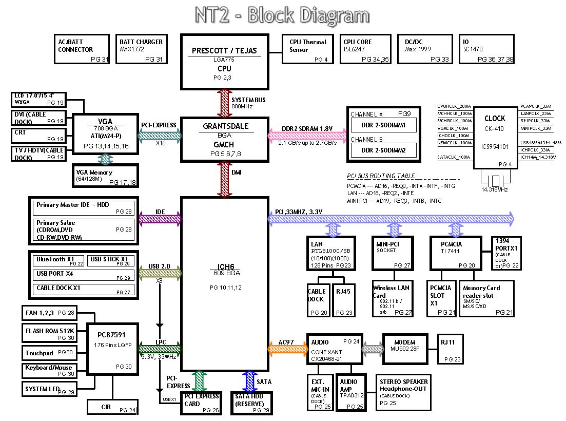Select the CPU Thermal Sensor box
point(308,49)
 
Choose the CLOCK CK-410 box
point(495,138)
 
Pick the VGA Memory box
point(105,175)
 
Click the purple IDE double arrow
point(160,219)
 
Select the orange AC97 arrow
point(287,349)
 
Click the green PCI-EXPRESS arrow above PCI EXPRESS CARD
point(199,381)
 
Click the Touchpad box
point(49,353)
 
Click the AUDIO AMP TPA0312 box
point(353,393)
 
